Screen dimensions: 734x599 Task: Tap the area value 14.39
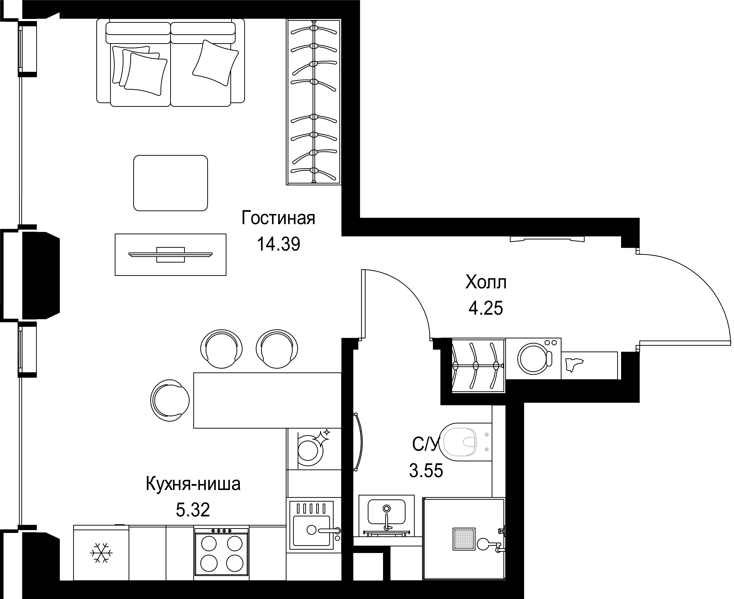278,244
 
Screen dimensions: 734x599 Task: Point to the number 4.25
486,308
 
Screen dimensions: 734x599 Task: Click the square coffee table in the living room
170,183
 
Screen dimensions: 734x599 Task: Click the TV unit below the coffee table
170,255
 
